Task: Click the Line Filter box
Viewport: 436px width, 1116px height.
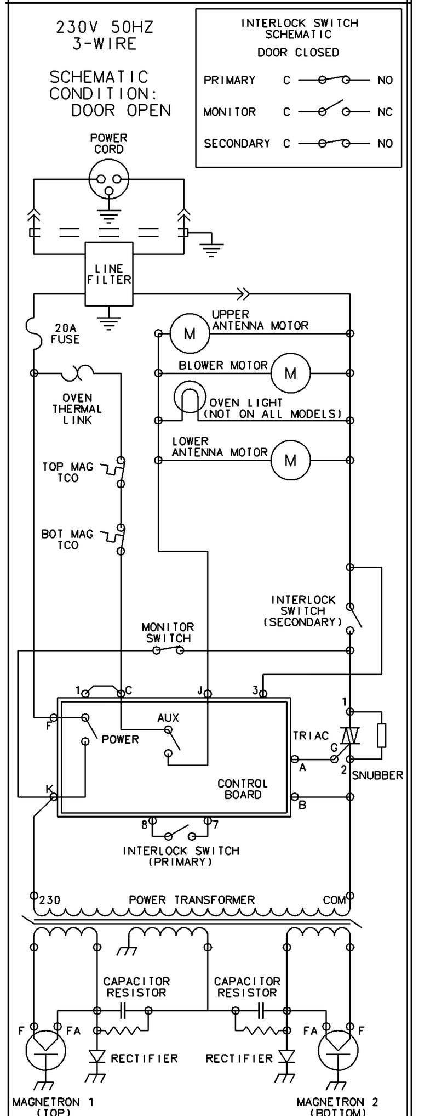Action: coord(108,274)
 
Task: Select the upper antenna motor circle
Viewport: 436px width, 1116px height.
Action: coord(189,333)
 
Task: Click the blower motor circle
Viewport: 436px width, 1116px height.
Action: coord(290,373)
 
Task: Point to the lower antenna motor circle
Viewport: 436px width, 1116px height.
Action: coord(290,460)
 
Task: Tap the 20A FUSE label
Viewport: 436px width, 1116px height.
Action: coord(65,334)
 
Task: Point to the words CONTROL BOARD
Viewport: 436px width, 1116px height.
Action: coord(243,789)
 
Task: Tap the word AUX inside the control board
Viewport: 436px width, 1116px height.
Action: coord(168,718)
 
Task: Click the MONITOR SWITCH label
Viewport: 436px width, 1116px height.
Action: coord(168,632)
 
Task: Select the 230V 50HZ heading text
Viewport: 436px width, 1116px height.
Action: coord(105,27)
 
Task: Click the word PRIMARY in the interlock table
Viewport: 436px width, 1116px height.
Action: coord(230,81)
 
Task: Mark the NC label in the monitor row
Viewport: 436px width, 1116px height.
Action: coord(385,112)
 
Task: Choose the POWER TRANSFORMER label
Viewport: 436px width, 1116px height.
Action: coord(192,900)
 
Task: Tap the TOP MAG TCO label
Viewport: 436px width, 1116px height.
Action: coord(68,472)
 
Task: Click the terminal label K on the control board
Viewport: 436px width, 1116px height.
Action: coord(49,789)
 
